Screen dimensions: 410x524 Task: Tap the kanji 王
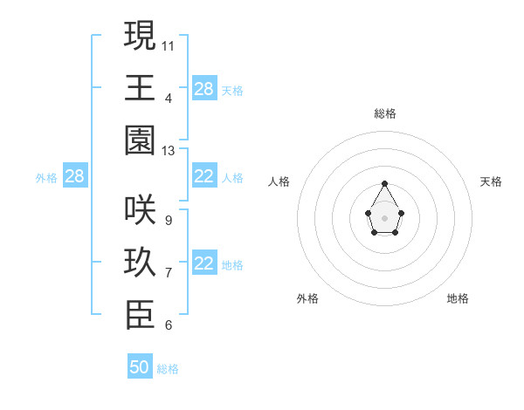point(140,87)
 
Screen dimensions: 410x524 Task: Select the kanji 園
point(140,140)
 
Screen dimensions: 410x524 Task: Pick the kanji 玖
point(140,263)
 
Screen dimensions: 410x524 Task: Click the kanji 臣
point(140,316)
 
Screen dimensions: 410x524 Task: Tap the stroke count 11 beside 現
point(169,44)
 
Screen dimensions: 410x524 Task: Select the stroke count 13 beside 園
point(169,151)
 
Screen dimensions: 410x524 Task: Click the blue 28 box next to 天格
point(204,88)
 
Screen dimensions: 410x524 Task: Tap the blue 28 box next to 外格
point(75,176)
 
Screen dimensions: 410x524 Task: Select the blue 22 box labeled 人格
point(204,176)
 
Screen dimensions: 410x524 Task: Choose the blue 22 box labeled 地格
point(204,264)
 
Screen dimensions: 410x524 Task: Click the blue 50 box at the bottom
point(140,367)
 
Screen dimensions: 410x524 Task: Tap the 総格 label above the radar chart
point(385,113)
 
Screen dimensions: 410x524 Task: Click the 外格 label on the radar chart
point(307,298)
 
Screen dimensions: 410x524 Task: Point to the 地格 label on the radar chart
point(458,298)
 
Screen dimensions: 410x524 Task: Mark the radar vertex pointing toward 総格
point(384,183)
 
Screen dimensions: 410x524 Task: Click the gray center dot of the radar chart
point(384,217)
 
